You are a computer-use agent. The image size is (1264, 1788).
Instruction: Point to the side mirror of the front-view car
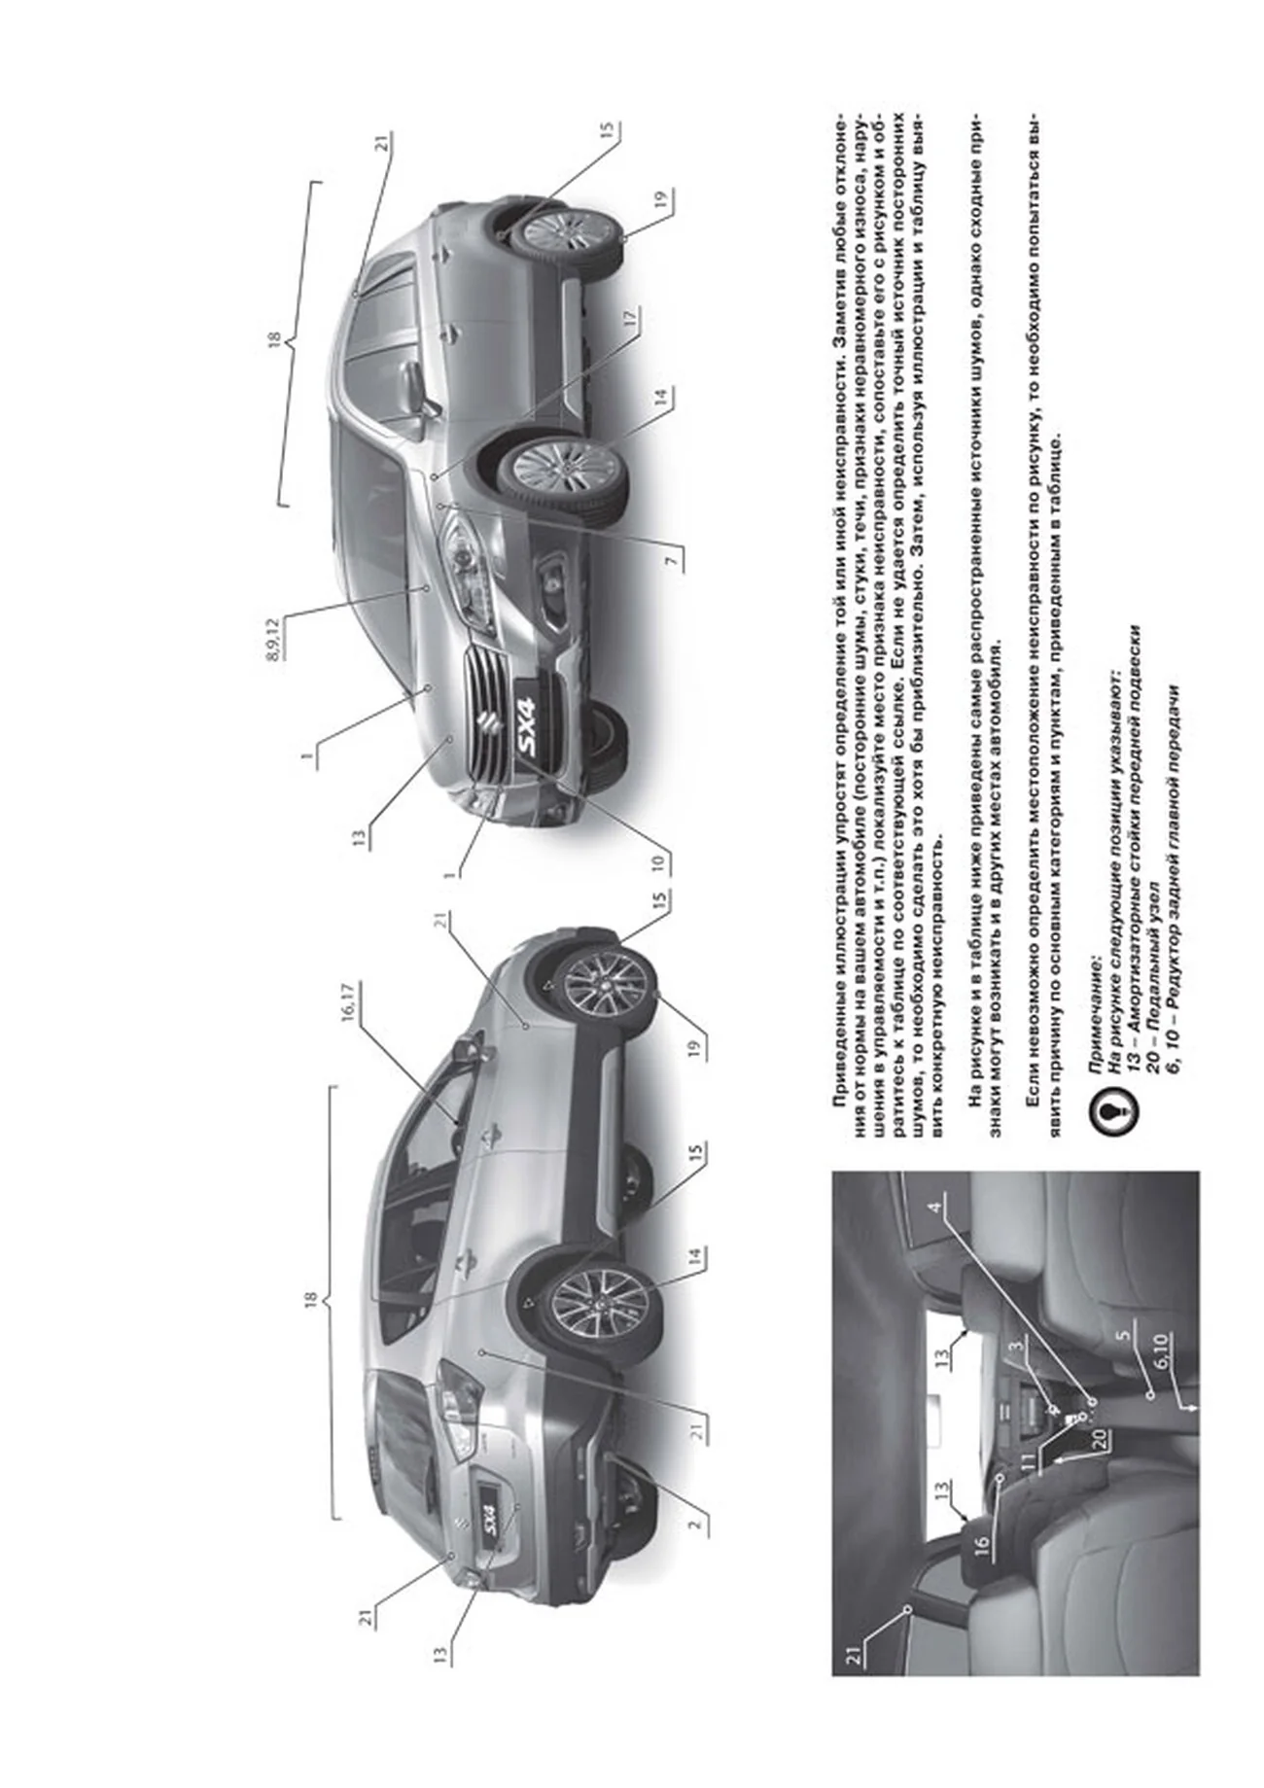pyautogui.click(x=420, y=386)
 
